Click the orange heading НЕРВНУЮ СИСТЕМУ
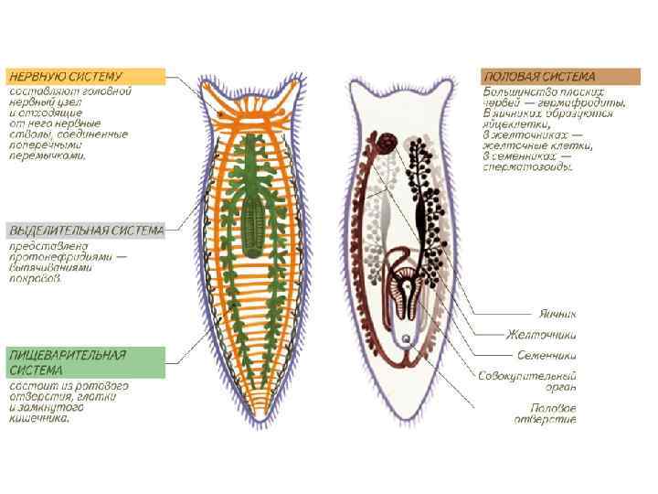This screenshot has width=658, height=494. (x=79, y=77)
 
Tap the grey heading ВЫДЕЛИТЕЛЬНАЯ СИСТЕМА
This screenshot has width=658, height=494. (x=86, y=230)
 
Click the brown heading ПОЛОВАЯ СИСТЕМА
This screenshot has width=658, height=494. (x=539, y=77)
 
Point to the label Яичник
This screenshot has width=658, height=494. (x=558, y=313)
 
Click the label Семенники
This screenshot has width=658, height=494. (x=546, y=354)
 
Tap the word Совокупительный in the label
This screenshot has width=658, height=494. (x=527, y=376)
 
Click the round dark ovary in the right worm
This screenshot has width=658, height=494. (x=387, y=142)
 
